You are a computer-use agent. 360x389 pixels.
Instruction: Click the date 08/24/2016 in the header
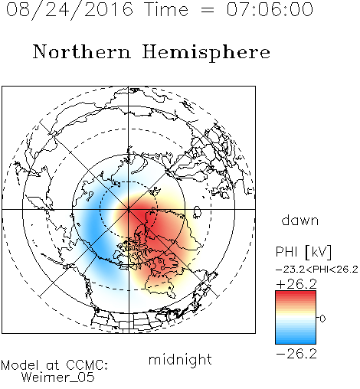click(70, 10)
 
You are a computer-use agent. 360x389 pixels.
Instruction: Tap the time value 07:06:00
click(270, 9)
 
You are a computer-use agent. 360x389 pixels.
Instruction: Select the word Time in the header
click(166, 9)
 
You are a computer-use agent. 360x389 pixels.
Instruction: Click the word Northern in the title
click(82, 51)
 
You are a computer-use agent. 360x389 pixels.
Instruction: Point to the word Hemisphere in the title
click(206, 53)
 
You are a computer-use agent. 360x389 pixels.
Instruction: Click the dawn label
click(300, 220)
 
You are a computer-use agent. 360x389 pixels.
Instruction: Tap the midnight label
click(180, 359)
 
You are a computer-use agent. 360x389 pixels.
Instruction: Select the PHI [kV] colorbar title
click(303, 252)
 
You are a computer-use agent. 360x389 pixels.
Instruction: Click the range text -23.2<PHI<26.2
click(317, 270)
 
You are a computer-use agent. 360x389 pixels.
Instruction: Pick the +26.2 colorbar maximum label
click(296, 284)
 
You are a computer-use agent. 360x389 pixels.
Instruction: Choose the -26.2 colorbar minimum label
click(296, 354)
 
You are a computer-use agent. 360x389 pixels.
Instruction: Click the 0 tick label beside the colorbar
click(322, 319)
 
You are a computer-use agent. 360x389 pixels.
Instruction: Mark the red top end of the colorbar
click(296, 293)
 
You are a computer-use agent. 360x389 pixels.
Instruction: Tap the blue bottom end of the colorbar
click(296, 342)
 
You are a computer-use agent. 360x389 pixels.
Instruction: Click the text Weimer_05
click(58, 378)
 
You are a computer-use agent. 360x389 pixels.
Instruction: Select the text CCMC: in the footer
click(87, 365)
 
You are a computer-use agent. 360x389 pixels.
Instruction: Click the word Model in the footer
click(20, 365)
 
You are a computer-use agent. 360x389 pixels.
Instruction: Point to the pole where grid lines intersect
click(129, 209)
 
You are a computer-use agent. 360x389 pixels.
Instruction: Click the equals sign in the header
click(208, 11)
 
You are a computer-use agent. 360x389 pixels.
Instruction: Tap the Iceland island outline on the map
click(197, 212)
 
